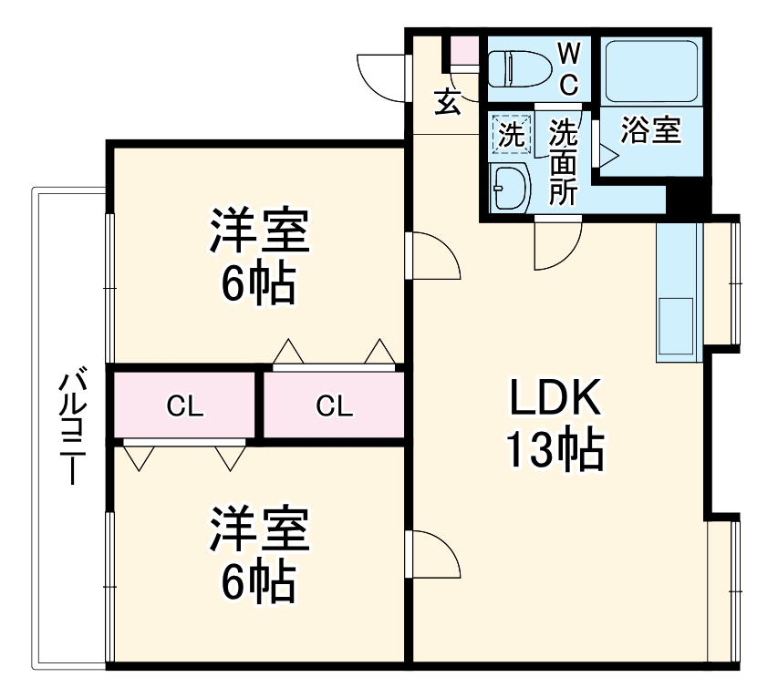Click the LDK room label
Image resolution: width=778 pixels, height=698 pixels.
553,398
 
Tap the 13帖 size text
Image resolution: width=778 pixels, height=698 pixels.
554,448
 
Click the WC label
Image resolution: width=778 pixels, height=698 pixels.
567,67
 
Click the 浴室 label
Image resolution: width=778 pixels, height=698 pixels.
650,131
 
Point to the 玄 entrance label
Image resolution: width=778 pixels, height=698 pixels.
447,101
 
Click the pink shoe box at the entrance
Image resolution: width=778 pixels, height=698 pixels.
463,50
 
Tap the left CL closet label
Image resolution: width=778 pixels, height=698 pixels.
185,406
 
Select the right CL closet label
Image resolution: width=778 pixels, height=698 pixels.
335,406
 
